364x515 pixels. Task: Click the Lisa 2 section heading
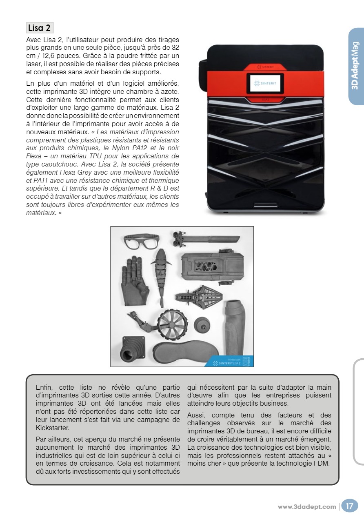click(x=40, y=28)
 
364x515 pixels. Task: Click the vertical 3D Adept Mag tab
click(x=355, y=65)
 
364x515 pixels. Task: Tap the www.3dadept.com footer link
click(x=307, y=507)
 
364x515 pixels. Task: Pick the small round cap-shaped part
click(x=202, y=325)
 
